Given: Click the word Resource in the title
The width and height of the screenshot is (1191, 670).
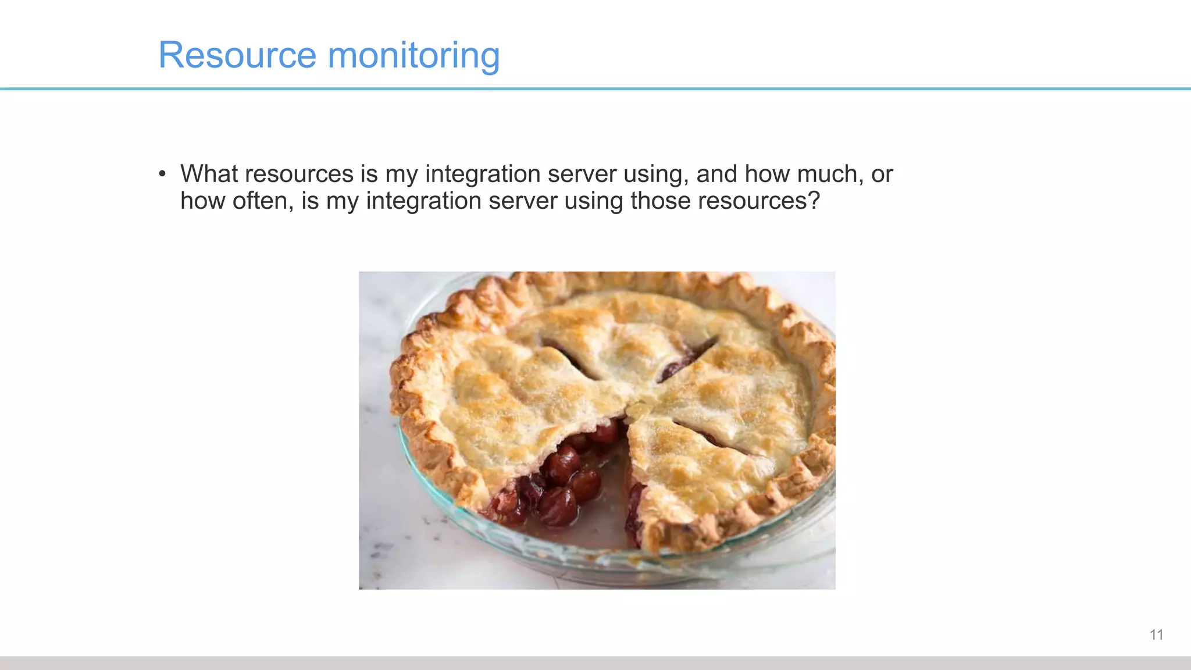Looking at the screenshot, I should coord(237,55).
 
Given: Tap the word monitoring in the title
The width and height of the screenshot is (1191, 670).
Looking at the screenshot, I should coord(413,56).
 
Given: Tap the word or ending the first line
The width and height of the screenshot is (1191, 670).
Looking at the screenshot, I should coord(882,174).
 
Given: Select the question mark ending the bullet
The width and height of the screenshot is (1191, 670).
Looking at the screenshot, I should coord(814,201).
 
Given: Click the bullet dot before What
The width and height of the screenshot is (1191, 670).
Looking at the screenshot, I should coord(162,174).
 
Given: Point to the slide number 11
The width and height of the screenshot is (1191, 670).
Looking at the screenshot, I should coord(1156,635).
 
